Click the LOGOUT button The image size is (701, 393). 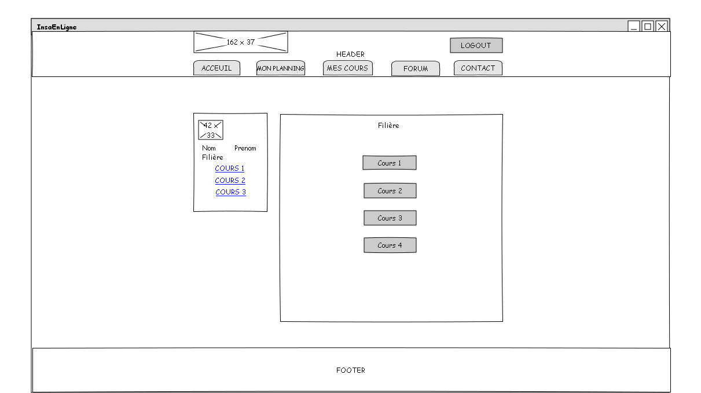[476, 45]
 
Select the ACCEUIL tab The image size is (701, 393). [216, 68]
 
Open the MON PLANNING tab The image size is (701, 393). [280, 68]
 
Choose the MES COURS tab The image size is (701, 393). [348, 68]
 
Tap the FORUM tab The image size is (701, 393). [416, 68]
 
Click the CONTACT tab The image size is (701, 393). [478, 68]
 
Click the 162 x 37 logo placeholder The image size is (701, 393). [241, 42]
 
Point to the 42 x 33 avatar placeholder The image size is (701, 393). [211, 130]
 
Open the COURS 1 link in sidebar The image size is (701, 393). [230, 168]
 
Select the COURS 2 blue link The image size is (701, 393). [230, 181]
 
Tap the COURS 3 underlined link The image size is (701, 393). [230, 192]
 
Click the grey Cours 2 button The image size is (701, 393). [390, 190]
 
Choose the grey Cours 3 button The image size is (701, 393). [390, 218]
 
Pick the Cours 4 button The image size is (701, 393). [390, 245]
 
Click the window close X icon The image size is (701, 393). [662, 27]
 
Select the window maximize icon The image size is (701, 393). [648, 27]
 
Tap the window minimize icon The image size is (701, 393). [634, 27]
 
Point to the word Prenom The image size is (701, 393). [245, 148]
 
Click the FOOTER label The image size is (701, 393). [351, 370]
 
